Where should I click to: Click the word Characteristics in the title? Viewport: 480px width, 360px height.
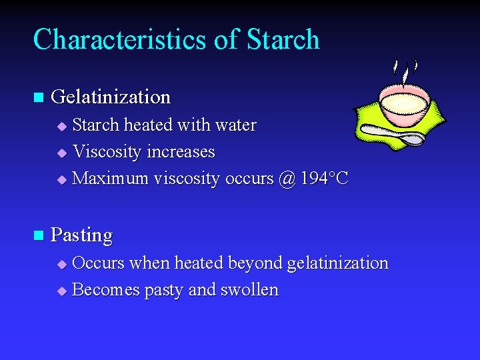point(120,39)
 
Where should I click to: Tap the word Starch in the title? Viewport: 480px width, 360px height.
point(283,39)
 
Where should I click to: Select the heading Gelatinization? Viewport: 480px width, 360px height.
point(111,97)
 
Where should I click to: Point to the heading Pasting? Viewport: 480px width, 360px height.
point(81,235)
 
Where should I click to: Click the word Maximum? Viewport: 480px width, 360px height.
point(110,179)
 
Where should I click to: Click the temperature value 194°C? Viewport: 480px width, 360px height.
point(325,179)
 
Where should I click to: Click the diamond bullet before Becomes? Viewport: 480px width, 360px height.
point(62,291)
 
